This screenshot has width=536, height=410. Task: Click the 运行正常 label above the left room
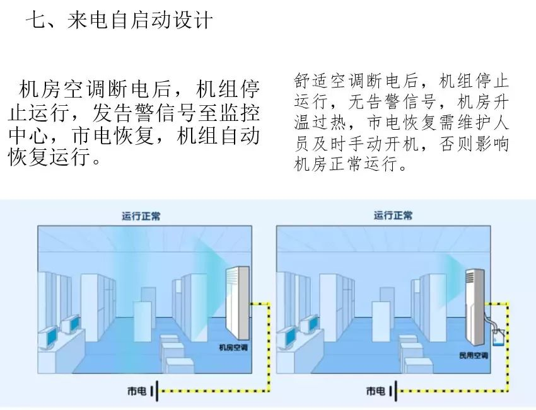tap(141, 216)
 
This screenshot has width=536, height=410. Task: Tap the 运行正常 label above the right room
tap(393, 216)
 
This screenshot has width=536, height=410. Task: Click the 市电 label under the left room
tap(136, 392)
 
